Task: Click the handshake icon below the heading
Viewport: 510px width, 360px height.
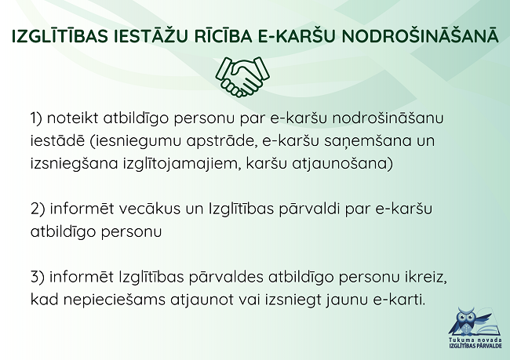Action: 242,77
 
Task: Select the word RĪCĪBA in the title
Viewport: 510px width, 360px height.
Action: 223,35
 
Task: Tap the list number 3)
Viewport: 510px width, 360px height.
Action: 38,277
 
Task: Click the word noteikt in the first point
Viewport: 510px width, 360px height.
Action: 72,118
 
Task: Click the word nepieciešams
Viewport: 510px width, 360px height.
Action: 115,300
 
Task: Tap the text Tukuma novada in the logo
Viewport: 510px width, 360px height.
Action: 475,340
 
